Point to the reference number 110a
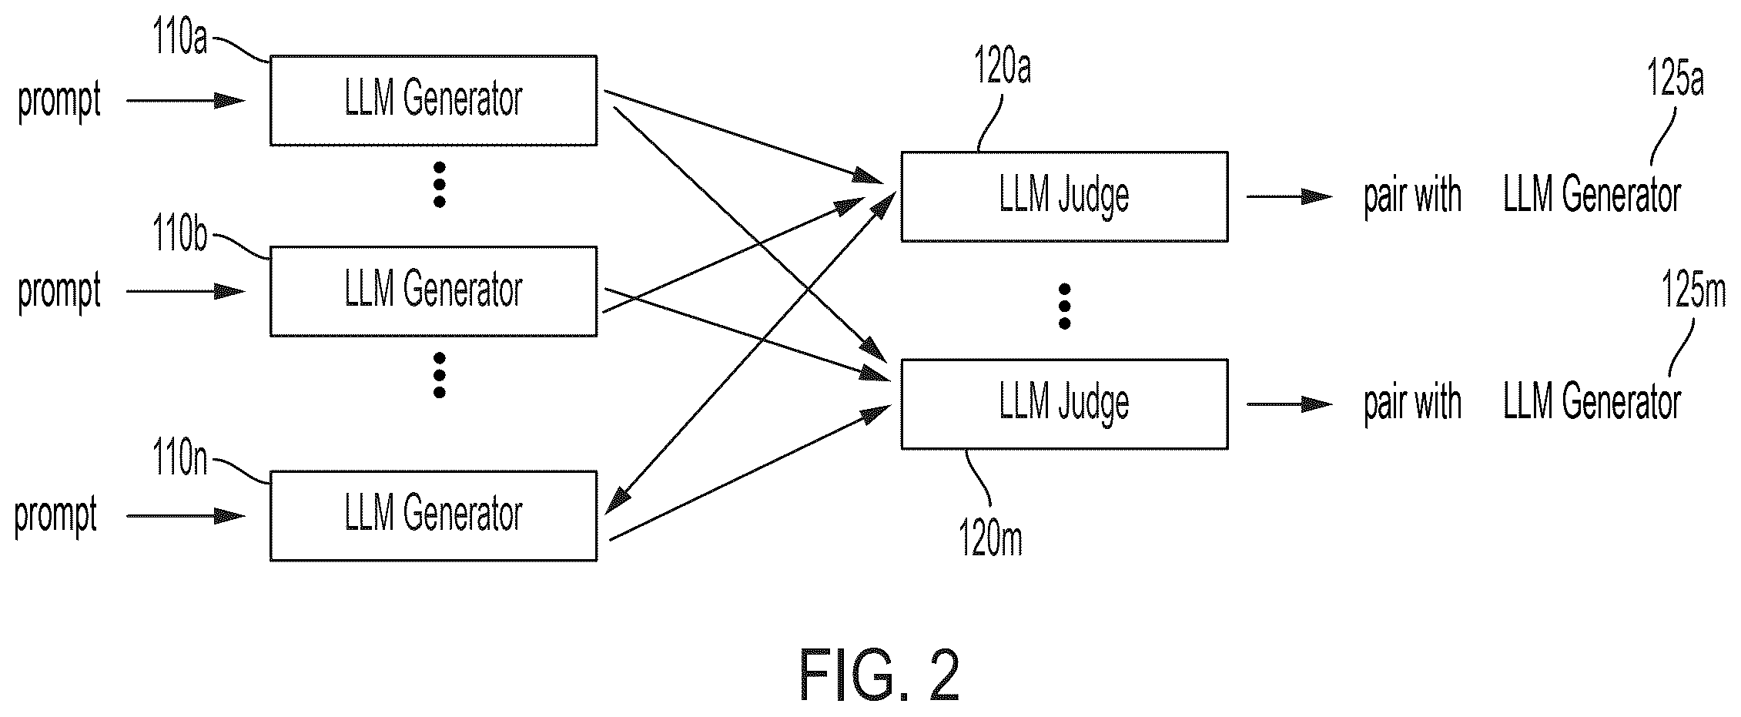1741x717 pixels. [180, 36]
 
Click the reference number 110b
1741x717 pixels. [180, 233]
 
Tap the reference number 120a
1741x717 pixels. [1002, 66]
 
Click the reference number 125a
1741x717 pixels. [1676, 79]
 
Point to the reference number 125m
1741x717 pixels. [1694, 293]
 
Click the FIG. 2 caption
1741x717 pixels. [880, 675]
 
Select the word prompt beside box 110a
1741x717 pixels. [59, 101]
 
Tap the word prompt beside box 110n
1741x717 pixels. [56, 516]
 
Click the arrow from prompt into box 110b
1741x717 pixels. [186, 292]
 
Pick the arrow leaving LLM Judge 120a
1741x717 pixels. [1290, 197]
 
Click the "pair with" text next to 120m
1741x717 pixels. [1413, 404]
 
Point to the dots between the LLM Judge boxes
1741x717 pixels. [1065, 307]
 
